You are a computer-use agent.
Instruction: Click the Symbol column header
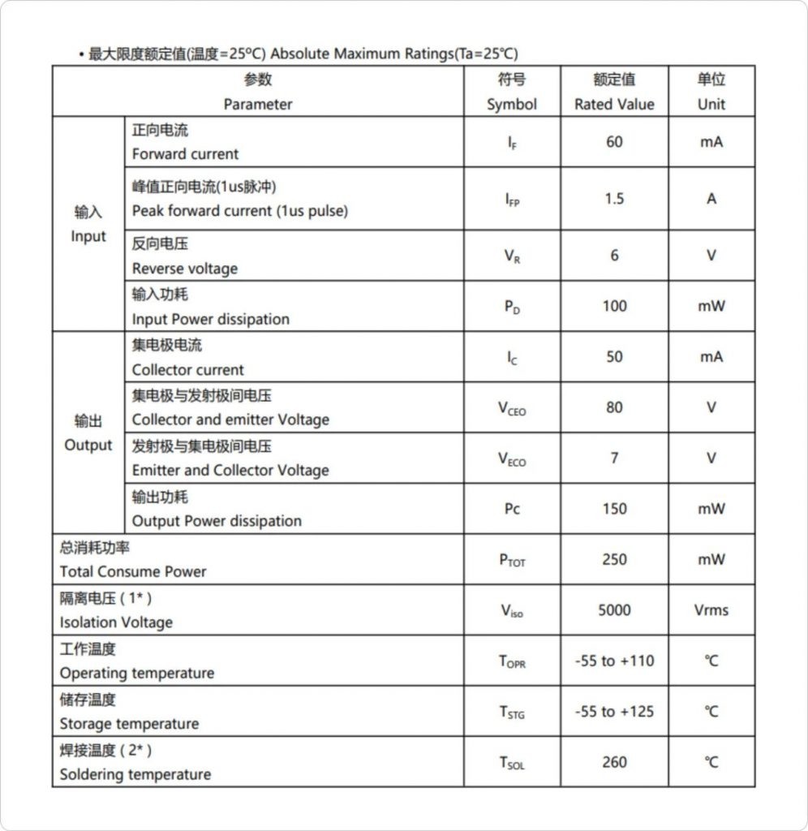(512, 92)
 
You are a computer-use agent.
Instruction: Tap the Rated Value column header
(614, 92)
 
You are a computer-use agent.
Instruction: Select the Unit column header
(711, 92)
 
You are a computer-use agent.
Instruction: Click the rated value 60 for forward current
(614, 142)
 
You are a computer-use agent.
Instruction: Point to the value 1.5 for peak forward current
(614, 199)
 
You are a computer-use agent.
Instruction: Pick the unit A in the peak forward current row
(711, 199)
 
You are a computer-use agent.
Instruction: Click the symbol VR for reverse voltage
(512, 256)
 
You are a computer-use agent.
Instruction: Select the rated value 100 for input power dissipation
(614, 307)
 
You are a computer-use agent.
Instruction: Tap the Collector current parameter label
(187, 370)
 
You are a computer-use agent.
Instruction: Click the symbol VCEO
(512, 408)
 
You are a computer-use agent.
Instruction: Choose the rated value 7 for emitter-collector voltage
(614, 459)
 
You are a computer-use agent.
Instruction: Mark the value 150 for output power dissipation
(614, 509)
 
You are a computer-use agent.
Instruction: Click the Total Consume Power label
(133, 571)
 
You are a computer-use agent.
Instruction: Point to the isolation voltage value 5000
(614, 610)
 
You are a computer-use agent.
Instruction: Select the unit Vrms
(711, 610)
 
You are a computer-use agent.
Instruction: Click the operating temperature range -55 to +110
(614, 661)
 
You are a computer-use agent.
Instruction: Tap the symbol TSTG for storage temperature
(512, 713)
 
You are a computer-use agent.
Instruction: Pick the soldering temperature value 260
(614, 762)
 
